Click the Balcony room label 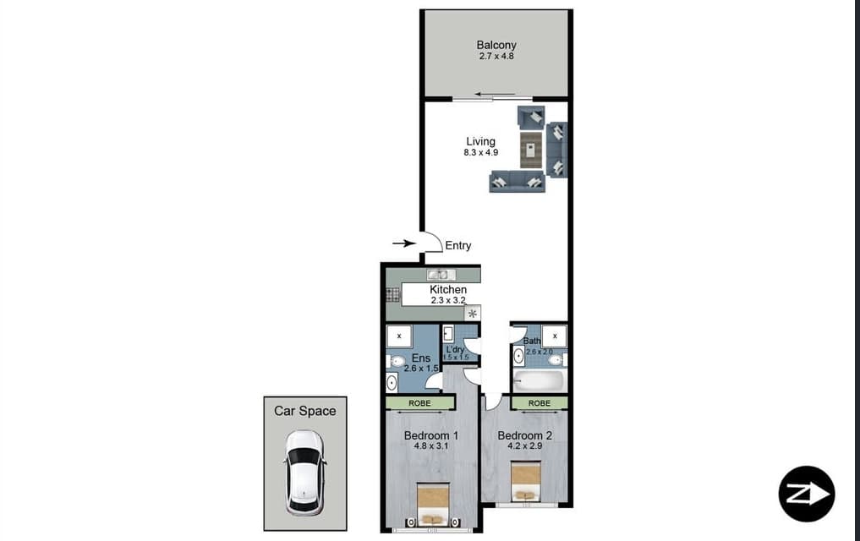(496, 45)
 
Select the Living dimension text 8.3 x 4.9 (480, 153)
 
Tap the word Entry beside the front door (457, 246)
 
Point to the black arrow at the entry (404, 243)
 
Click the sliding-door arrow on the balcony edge (495, 94)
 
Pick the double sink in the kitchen (441, 275)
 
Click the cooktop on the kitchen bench (392, 295)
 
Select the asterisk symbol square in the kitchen (472, 314)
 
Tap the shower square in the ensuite (399, 336)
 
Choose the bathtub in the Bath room (540, 380)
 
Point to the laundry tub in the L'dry (448, 333)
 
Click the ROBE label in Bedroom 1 (419, 403)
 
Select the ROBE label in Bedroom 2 (539, 403)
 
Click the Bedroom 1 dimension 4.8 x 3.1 (430, 446)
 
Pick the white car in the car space (304, 473)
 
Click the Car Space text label (304, 411)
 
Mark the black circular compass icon (806, 494)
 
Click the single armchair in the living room (530, 117)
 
